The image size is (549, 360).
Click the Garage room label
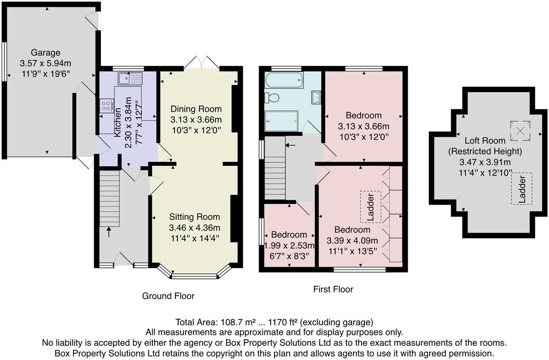(x=46, y=52)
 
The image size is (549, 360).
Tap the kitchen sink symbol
(x=130, y=79)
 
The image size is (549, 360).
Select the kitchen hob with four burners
(x=106, y=106)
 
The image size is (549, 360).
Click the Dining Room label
(x=196, y=109)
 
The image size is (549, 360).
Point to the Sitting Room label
(x=194, y=217)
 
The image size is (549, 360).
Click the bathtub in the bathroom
(x=284, y=81)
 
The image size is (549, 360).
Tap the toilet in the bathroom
(x=273, y=97)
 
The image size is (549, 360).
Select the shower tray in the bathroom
(x=281, y=121)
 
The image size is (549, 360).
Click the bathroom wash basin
(x=316, y=97)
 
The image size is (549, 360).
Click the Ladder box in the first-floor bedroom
(x=370, y=207)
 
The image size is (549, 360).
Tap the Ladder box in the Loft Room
(x=522, y=189)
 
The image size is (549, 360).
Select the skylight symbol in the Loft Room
(x=520, y=131)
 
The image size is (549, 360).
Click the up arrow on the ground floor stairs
(x=109, y=232)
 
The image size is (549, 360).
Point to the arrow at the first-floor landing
(x=290, y=145)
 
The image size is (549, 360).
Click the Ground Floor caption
(x=168, y=296)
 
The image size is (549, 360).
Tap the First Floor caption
(x=333, y=289)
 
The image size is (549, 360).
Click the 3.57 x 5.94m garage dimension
(x=46, y=63)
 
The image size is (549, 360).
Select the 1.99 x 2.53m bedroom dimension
(x=289, y=246)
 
